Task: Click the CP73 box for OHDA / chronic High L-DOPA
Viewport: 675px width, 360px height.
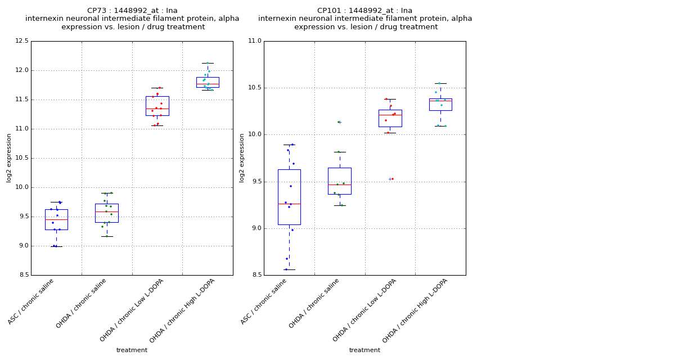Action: tap(208, 82)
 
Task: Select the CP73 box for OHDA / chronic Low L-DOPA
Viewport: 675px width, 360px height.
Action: tap(157, 106)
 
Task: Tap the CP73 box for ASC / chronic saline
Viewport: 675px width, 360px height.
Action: tap(56, 219)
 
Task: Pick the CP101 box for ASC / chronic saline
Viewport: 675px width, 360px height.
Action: tap(289, 197)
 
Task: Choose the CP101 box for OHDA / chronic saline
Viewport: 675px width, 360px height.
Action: tap(340, 181)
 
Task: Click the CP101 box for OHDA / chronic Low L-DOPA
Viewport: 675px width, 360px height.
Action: tap(390, 118)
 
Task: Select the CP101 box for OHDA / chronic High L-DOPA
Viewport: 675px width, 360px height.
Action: tap(440, 105)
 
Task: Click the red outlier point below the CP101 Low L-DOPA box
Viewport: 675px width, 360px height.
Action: tap(392, 179)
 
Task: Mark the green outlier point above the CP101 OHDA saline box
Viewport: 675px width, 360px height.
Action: tap(338, 122)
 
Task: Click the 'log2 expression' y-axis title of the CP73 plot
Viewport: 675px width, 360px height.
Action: tap(9, 157)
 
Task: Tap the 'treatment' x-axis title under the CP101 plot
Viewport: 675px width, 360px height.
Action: tap(364, 350)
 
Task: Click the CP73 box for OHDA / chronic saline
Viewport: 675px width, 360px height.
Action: tap(106, 213)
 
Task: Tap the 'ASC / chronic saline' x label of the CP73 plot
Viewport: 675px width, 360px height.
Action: tap(31, 301)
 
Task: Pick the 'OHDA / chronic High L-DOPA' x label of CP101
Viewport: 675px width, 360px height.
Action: tap(415, 310)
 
